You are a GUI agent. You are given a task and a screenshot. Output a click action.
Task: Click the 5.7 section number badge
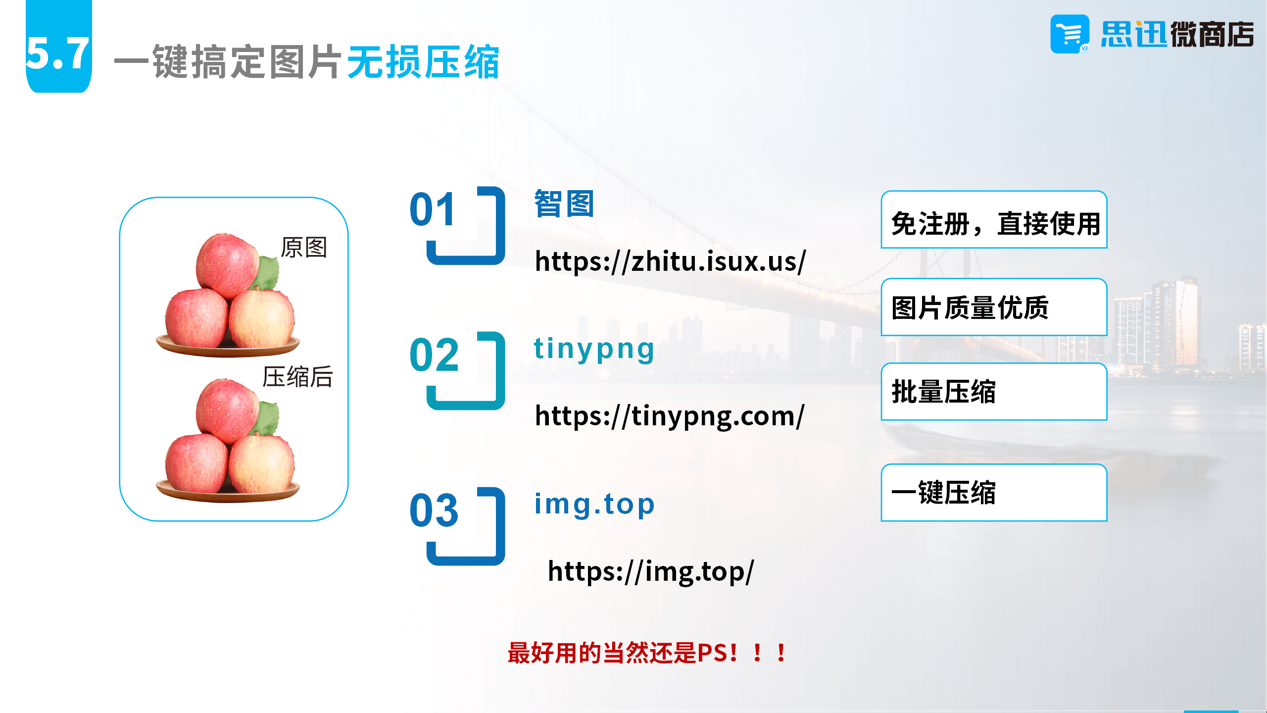point(58,46)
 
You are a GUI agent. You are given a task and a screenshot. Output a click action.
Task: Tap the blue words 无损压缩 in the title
point(423,62)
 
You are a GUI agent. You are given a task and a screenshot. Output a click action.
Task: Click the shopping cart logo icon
point(1070,34)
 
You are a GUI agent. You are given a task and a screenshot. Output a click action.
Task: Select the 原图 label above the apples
point(304,247)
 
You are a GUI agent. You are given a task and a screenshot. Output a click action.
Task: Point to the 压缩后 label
point(298,377)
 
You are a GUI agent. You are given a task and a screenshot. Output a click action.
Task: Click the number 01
point(433,209)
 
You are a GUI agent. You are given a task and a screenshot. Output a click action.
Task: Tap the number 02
point(435,355)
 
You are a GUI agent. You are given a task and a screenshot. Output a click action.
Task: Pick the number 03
point(435,510)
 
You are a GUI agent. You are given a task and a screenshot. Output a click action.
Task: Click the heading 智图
point(564,204)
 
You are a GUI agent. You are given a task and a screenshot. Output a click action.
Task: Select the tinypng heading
point(594,349)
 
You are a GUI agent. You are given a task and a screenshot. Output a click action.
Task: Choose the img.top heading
point(594,505)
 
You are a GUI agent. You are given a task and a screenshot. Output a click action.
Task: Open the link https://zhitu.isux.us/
point(671,261)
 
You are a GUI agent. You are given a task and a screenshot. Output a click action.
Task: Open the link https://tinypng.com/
point(670,416)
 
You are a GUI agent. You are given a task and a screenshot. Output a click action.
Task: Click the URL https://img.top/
point(651,572)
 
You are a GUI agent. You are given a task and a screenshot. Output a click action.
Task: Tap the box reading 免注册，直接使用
point(994,219)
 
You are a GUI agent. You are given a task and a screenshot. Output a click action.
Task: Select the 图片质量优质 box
point(994,307)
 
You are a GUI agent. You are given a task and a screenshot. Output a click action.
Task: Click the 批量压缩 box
point(994,392)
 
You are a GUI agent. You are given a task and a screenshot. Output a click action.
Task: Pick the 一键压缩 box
point(994,493)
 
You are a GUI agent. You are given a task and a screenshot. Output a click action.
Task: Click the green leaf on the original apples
point(268,273)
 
